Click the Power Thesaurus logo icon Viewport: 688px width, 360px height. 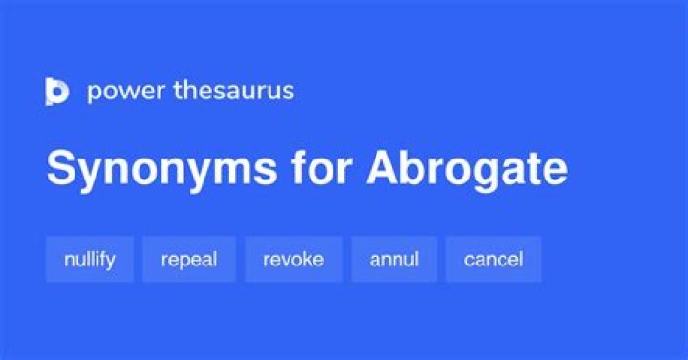click(x=57, y=92)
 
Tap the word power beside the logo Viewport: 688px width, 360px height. click(x=126, y=92)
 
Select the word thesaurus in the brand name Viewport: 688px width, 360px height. click(x=234, y=91)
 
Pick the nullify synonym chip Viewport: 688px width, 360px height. click(x=90, y=259)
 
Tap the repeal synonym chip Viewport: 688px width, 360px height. click(x=189, y=259)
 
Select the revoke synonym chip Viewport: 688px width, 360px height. click(x=293, y=259)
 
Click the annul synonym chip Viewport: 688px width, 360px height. click(x=394, y=259)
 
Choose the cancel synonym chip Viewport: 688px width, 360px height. click(x=494, y=259)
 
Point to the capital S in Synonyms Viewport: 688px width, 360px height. click(x=62, y=167)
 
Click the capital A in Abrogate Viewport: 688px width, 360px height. click(x=384, y=167)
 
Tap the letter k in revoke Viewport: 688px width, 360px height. click(x=304, y=259)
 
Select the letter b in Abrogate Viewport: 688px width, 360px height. click(x=418, y=167)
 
